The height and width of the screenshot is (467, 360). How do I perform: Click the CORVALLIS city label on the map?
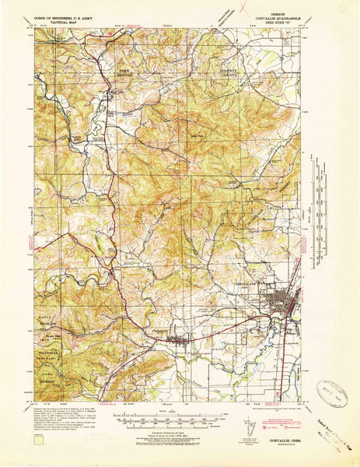coord(249,283)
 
